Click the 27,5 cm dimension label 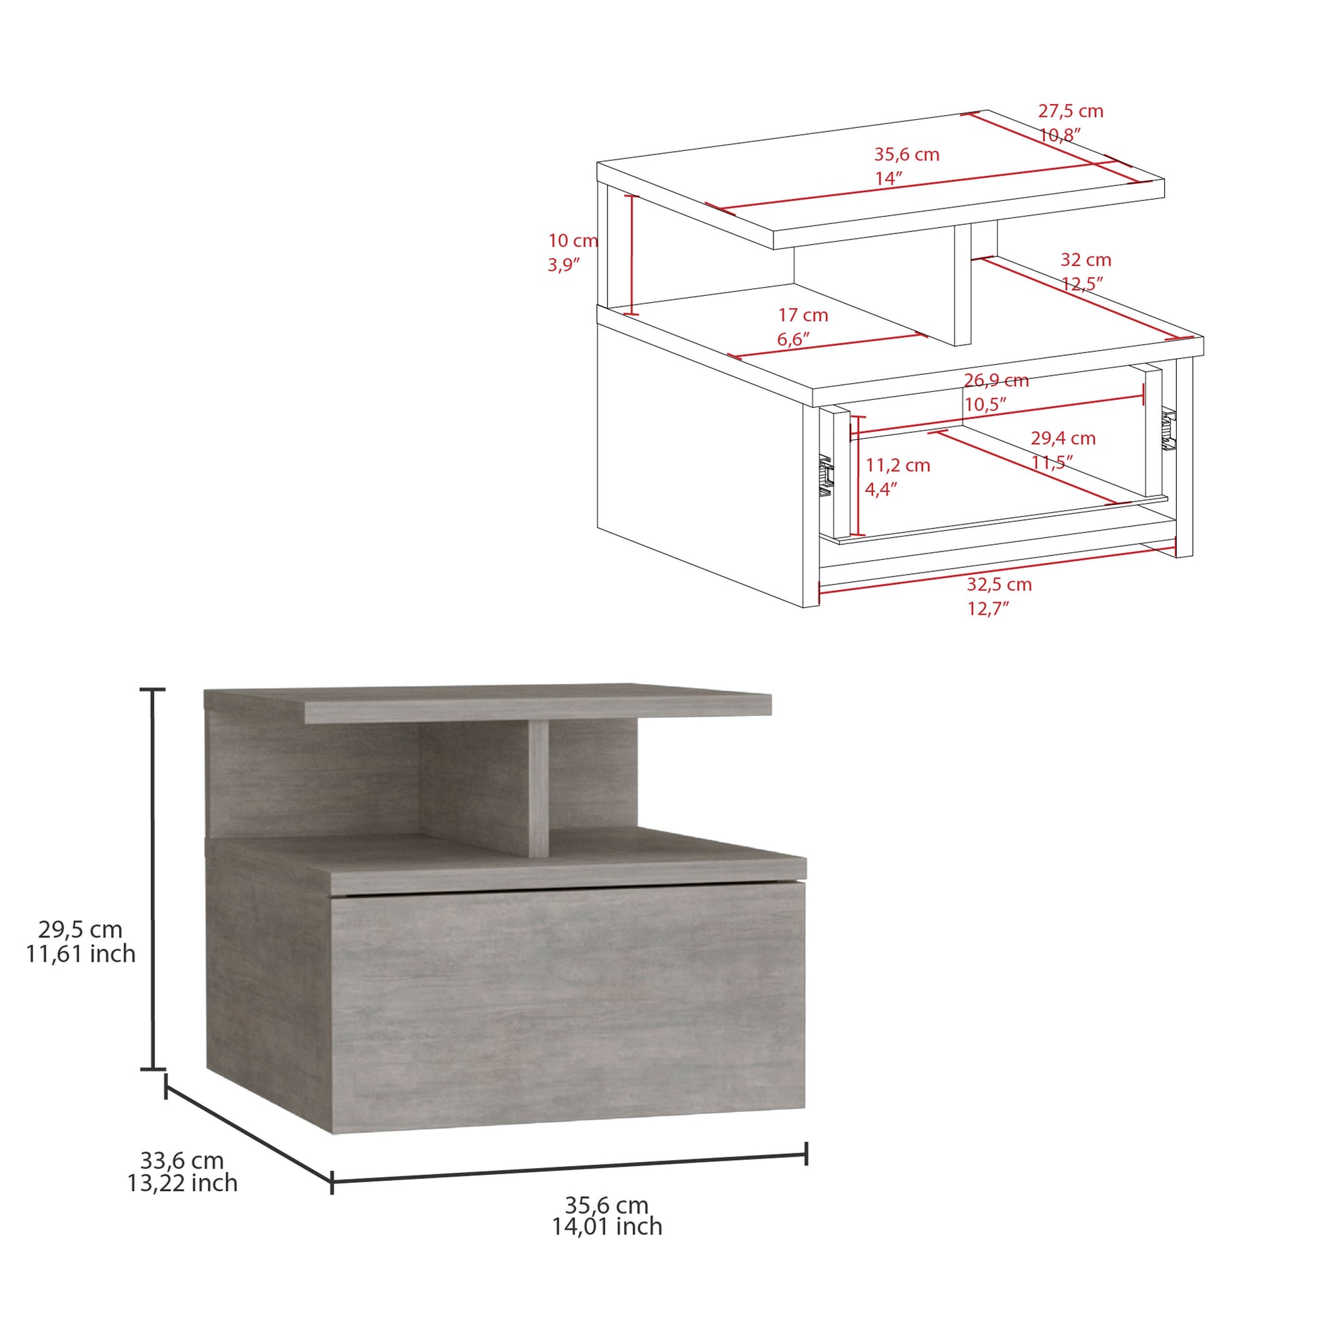1070,111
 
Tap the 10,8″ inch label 1061,135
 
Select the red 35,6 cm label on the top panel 907,155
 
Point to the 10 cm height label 573,241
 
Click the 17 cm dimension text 803,315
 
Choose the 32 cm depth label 1086,260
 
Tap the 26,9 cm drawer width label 996,380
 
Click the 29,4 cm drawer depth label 1063,439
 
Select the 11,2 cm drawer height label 898,466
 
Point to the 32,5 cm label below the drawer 999,585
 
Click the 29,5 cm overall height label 81,930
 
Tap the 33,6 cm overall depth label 182,1160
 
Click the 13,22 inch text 182,1184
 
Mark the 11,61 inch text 81,954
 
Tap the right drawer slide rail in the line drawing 1169,430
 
